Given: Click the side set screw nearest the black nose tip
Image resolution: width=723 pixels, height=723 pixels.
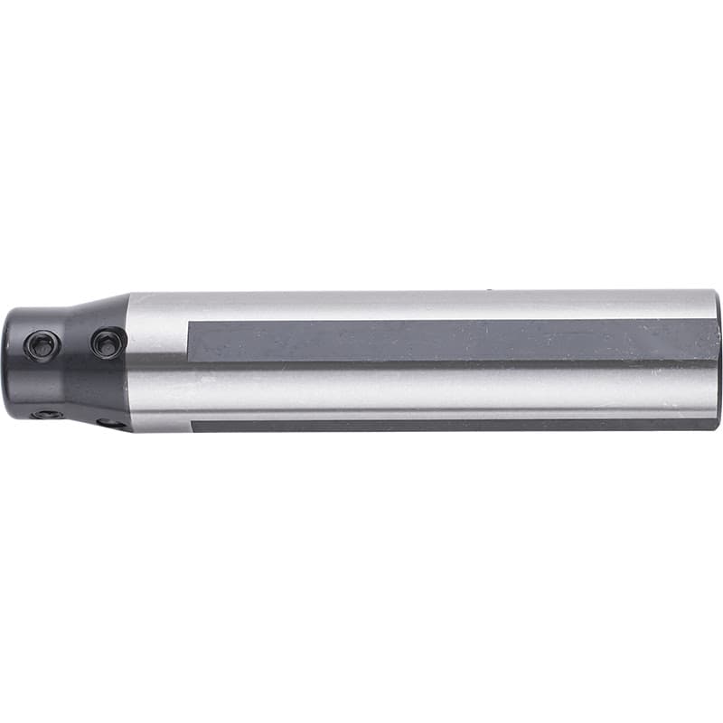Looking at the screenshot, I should click(42, 345).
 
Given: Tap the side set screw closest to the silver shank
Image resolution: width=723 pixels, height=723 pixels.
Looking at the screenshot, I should click(108, 343).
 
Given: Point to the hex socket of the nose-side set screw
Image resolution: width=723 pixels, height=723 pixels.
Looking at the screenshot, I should click(42, 345).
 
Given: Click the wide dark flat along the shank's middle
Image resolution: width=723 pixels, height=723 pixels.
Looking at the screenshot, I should click(452, 340).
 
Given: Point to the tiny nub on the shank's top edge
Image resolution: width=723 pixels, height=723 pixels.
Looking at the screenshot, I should click(489, 290).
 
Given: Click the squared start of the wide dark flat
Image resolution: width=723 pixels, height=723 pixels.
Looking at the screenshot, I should click(191, 340).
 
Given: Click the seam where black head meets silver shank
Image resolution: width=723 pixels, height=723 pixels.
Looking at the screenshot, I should click(127, 361).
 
